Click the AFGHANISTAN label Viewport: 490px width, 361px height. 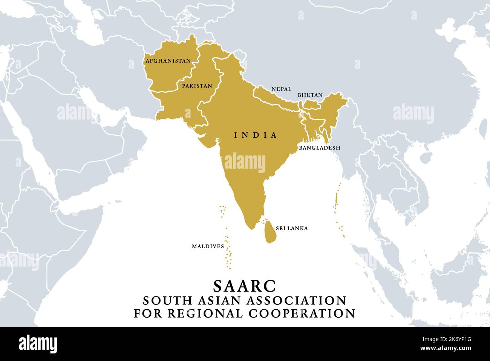(168, 61)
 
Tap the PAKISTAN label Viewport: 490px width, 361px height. (197, 86)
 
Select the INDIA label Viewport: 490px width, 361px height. (256, 135)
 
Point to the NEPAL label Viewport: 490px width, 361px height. (281, 89)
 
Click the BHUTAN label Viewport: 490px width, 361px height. (310, 95)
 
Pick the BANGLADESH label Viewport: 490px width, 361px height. (319, 148)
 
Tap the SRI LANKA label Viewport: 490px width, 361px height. (292, 228)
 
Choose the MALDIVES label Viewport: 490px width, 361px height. (208, 246)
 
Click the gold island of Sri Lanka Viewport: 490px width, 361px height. (270, 232)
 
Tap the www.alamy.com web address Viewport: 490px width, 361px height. (455, 350)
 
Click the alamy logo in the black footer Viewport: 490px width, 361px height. (38, 344)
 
